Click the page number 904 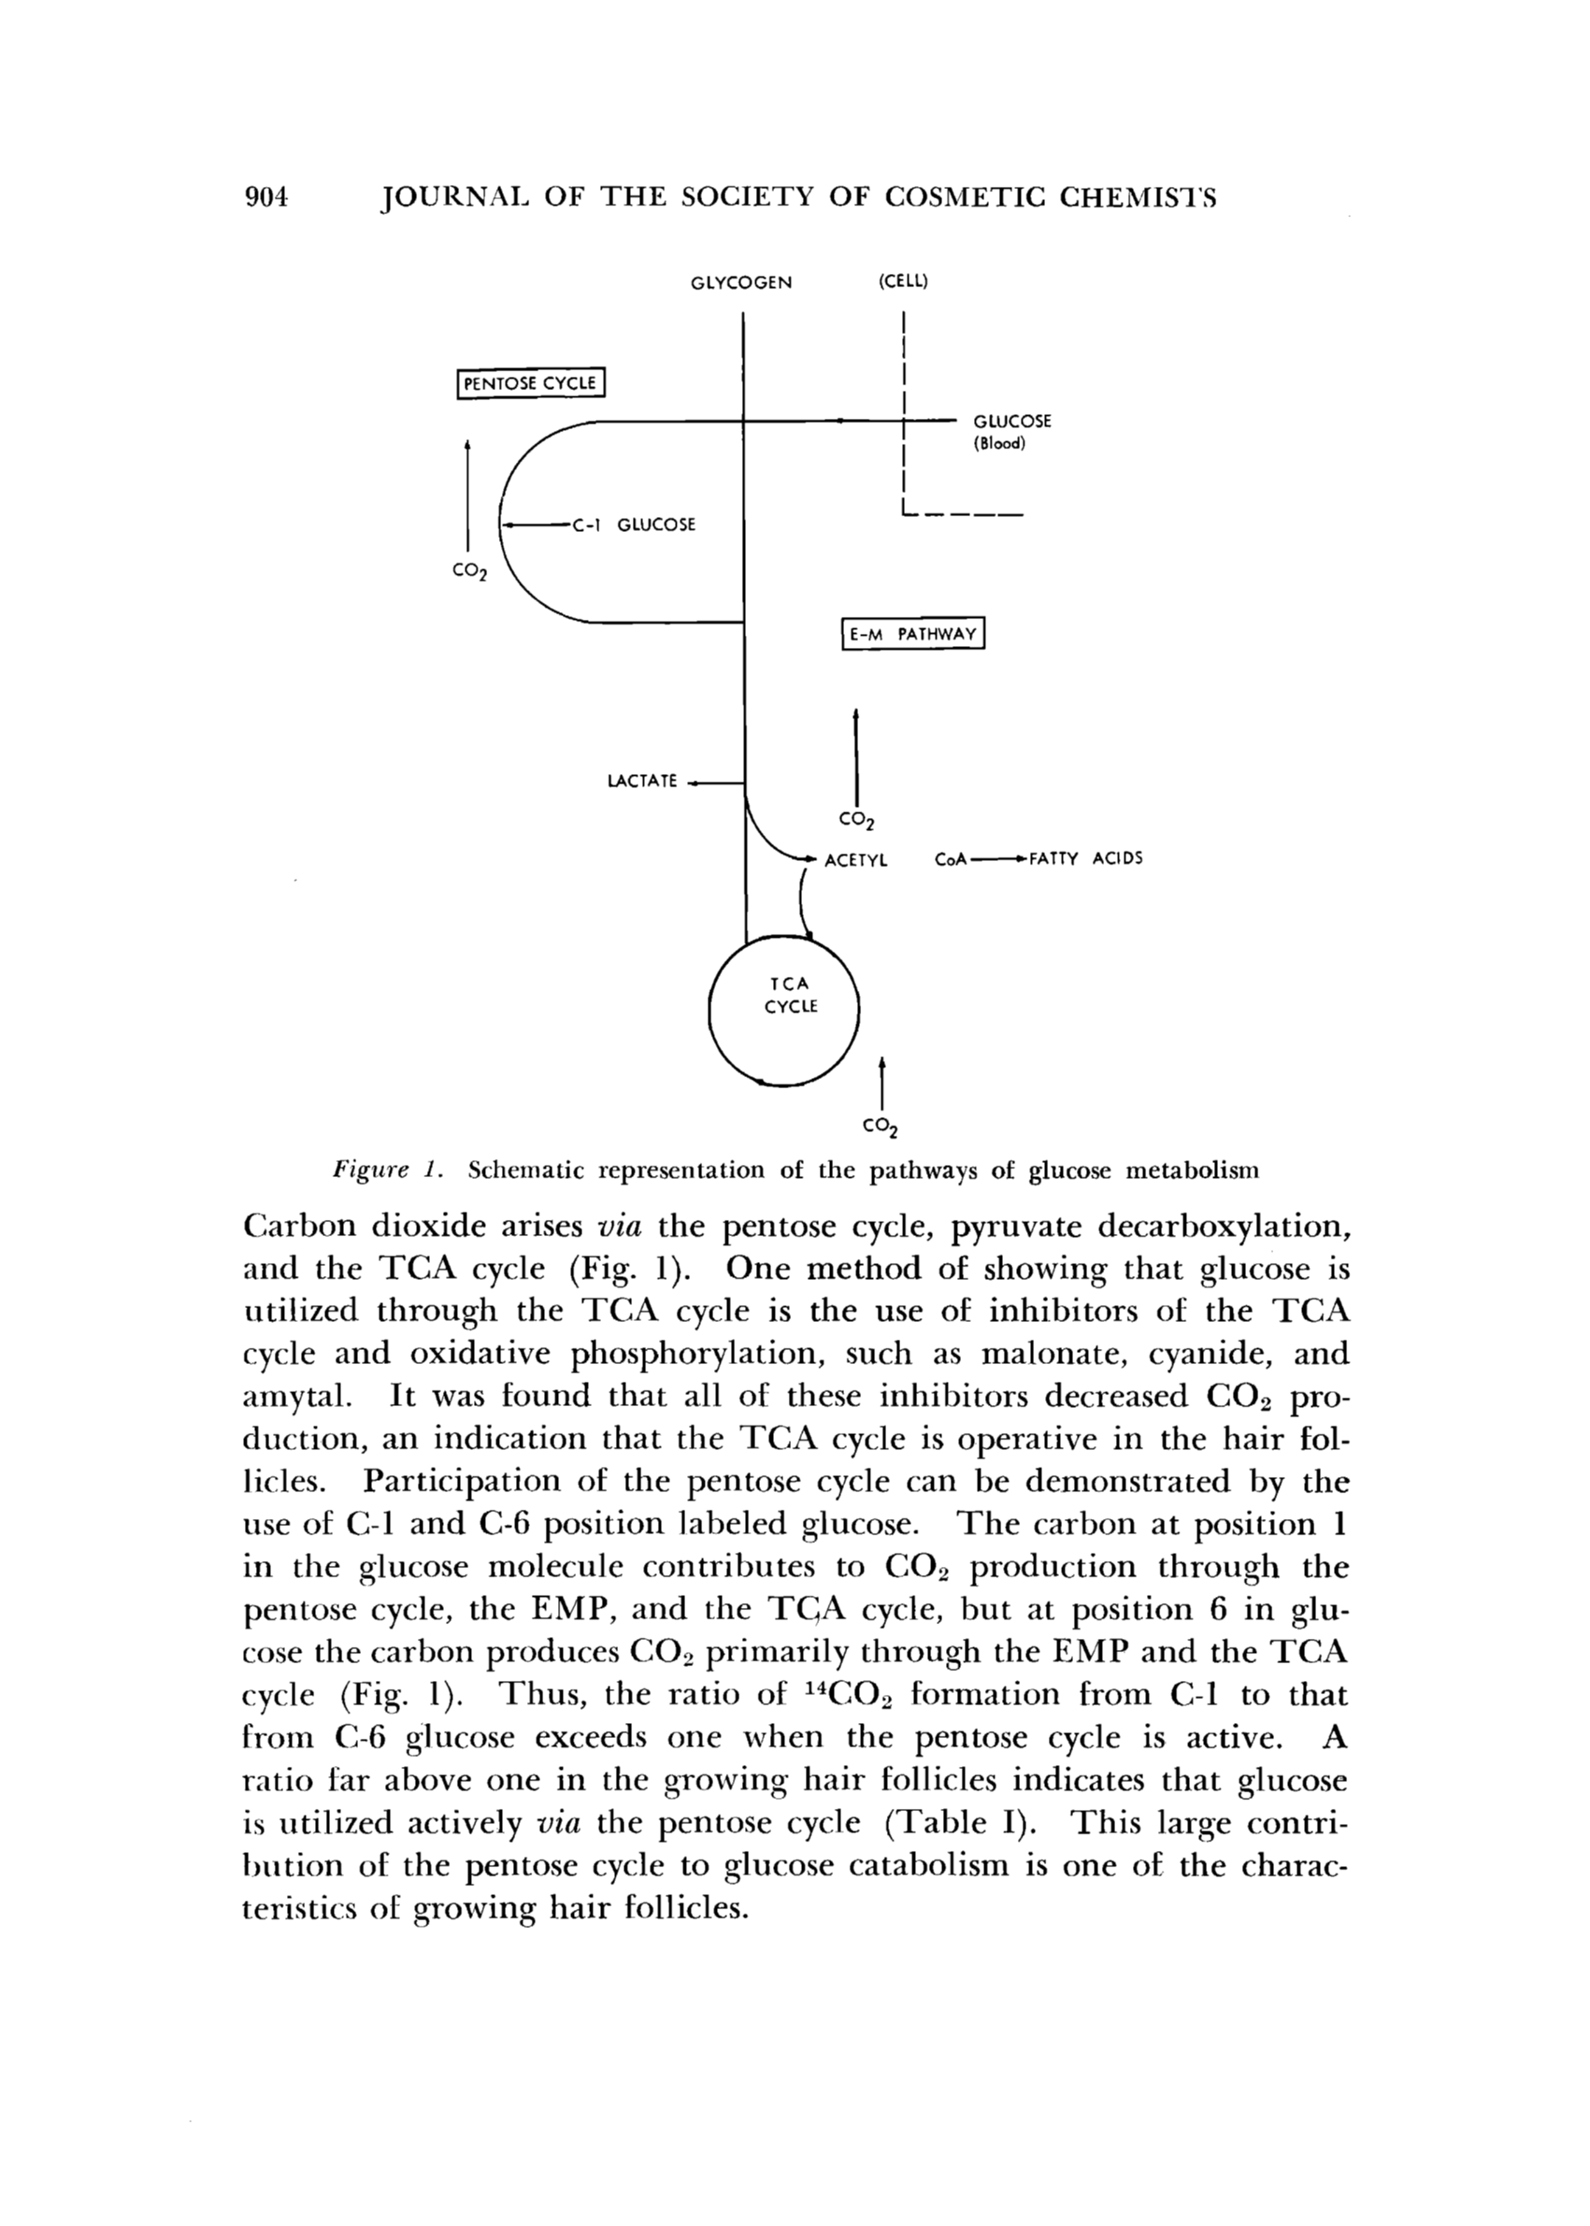coord(266,199)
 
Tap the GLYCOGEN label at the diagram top coord(741,283)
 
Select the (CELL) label coord(902,282)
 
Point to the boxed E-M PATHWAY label coord(912,635)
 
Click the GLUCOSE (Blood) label coord(1010,432)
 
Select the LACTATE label coord(642,782)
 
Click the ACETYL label coord(855,860)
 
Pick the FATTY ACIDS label coord(1087,860)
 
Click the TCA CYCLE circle coord(783,1010)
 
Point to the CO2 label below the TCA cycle coord(881,1127)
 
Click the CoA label coord(951,860)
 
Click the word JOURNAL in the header coord(450,199)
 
